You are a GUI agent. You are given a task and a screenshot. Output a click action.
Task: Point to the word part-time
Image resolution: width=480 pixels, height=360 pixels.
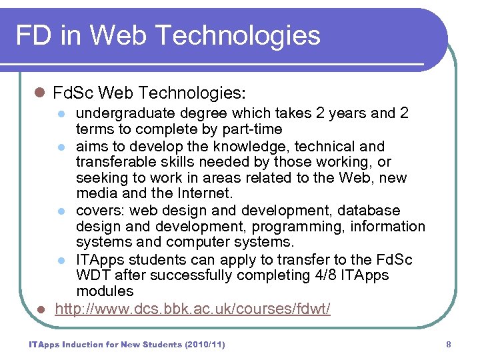[x=250, y=129]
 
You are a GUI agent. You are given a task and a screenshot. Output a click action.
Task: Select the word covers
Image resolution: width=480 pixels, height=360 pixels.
[x=98, y=211]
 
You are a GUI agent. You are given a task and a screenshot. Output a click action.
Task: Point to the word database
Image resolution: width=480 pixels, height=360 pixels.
[x=370, y=211]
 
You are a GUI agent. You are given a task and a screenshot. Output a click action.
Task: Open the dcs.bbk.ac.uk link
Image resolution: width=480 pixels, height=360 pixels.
[x=192, y=309]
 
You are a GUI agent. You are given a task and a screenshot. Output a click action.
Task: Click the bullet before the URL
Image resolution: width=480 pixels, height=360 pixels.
[x=41, y=309]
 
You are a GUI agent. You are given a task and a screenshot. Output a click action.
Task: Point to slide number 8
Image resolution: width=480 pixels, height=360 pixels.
[x=449, y=345]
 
